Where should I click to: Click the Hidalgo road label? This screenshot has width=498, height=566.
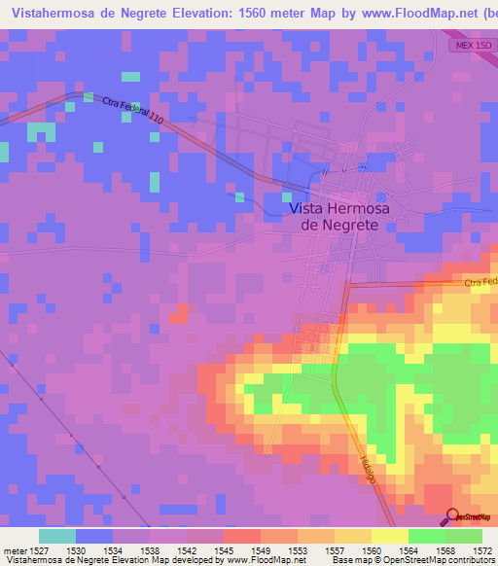click(367, 466)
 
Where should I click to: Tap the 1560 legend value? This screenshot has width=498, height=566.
click(372, 549)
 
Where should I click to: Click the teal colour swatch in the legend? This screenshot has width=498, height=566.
click(57, 536)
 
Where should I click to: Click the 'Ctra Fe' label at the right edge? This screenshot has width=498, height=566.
click(480, 282)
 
